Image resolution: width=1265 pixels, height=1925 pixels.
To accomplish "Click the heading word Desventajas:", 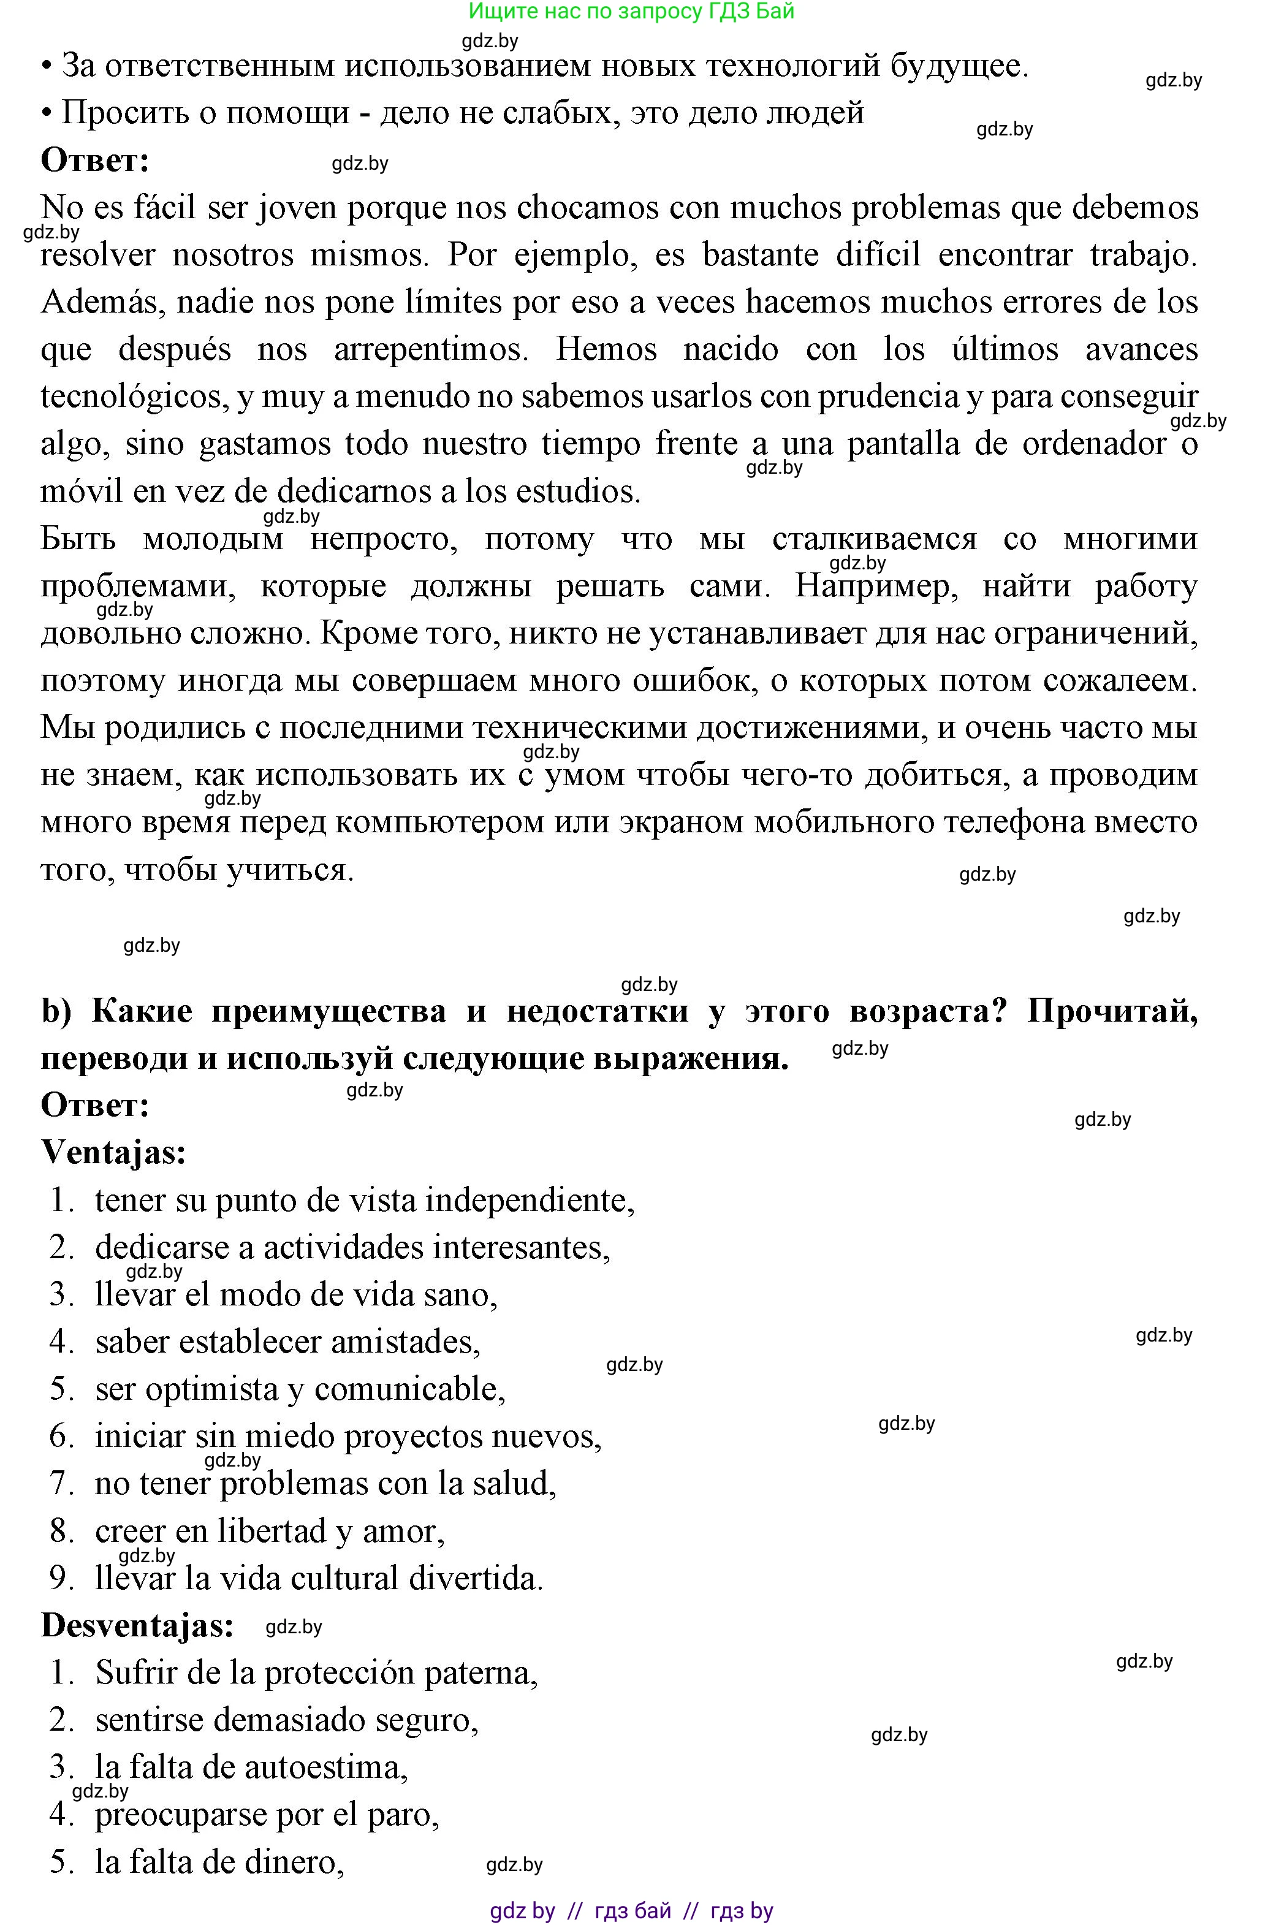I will (137, 1626).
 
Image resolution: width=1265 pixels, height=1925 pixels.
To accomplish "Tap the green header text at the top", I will (632, 11).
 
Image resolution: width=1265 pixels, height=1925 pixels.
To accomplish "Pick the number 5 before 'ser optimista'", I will (61, 1389).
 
